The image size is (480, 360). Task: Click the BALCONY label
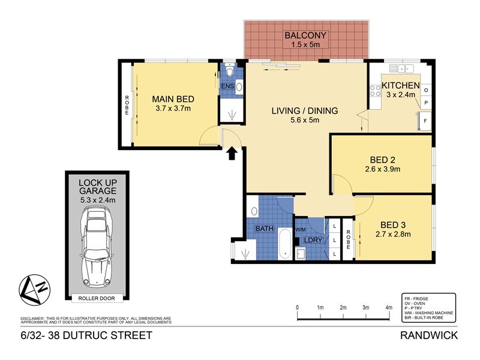305,34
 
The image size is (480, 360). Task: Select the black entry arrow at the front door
231,155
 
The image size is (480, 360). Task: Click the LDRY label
313,240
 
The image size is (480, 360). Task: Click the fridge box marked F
425,121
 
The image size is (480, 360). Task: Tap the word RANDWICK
430,335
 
